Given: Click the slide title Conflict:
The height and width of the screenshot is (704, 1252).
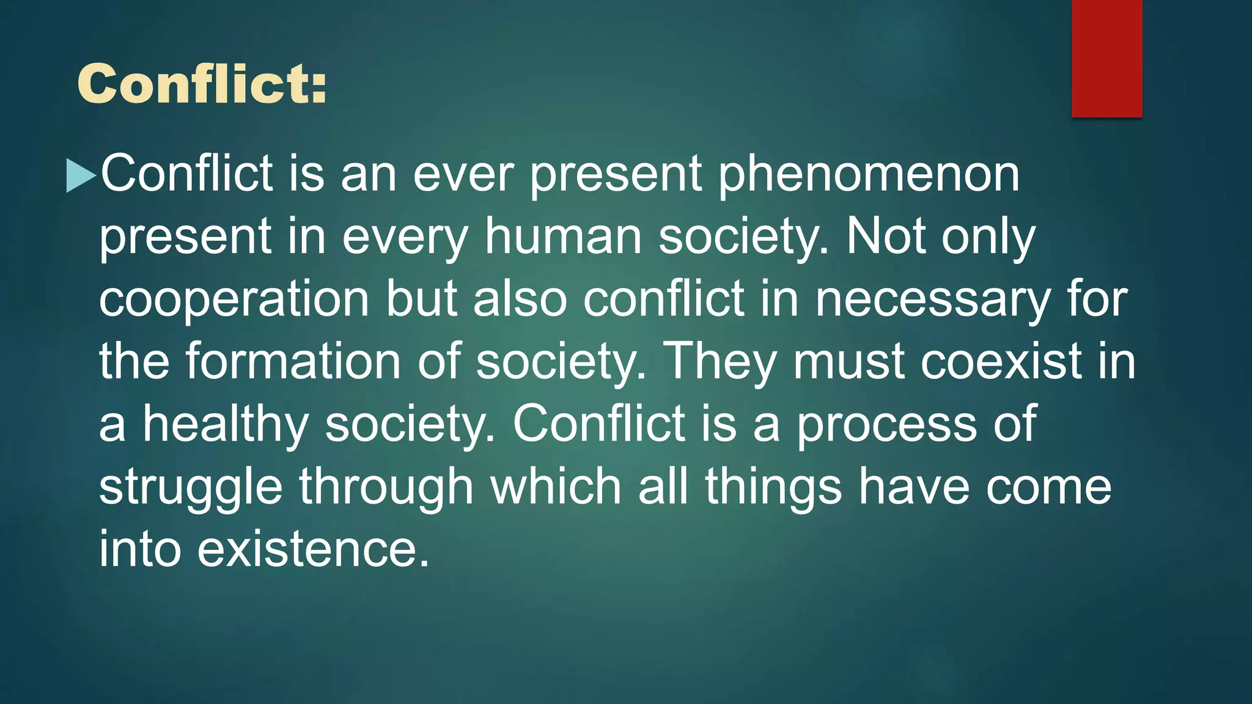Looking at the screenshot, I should pos(202,84).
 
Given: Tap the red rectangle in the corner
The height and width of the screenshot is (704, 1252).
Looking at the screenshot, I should pos(1107,58).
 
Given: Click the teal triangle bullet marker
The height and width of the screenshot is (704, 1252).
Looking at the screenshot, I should pos(81,175).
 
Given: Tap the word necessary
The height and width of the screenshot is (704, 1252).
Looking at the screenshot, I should pos(932,299).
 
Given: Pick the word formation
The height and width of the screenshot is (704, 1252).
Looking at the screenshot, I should pos(293,362).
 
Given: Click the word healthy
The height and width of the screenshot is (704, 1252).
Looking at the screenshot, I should pos(226,424).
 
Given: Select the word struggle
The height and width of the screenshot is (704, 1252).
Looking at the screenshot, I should pos(191,488).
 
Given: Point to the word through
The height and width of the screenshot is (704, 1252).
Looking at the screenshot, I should pos(386,488).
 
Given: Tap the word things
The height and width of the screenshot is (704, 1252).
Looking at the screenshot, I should pos(773,488).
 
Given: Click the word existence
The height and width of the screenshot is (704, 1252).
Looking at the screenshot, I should pos(314,549).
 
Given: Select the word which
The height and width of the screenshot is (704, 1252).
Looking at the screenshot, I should pos(556,488).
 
